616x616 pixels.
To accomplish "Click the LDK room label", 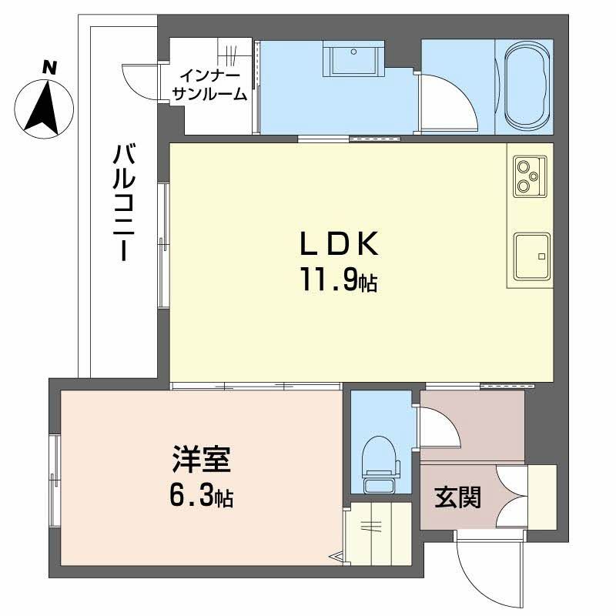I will click(x=338, y=245).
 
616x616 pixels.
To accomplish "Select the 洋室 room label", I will click(x=200, y=462).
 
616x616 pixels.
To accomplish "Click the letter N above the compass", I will click(x=49, y=68).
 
